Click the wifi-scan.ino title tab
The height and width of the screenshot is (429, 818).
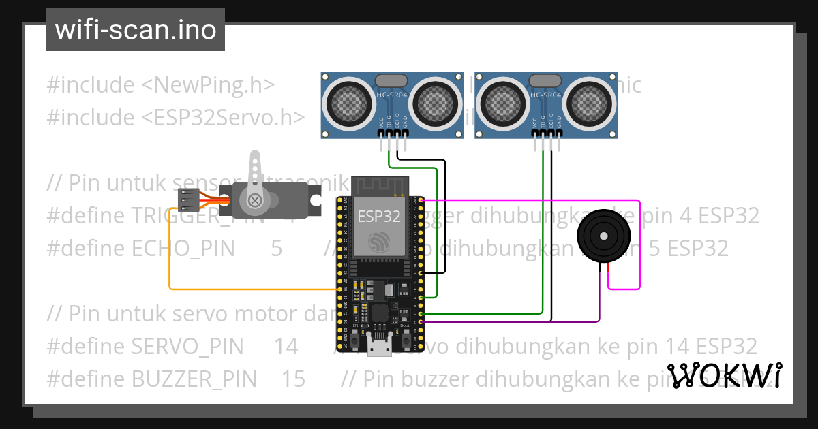(x=135, y=30)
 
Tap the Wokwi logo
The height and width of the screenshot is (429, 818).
(x=724, y=375)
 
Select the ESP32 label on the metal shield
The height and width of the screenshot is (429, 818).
(x=380, y=217)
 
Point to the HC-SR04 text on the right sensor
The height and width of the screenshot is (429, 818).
(x=546, y=95)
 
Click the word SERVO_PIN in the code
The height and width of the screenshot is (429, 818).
(x=186, y=347)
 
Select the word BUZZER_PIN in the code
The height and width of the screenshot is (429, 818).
(x=193, y=379)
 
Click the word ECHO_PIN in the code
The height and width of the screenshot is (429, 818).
(x=182, y=249)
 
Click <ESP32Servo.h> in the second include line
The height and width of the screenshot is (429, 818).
(x=223, y=117)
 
